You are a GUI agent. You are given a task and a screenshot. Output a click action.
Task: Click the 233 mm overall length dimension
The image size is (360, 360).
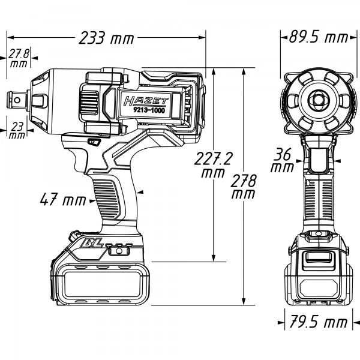(x=106, y=38)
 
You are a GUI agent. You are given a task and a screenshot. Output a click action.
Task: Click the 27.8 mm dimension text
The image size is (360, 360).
(x=19, y=58)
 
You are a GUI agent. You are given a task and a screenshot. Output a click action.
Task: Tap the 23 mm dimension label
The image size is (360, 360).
(x=17, y=130)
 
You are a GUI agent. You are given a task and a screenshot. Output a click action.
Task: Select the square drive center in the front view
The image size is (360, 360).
(x=316, y=99)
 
